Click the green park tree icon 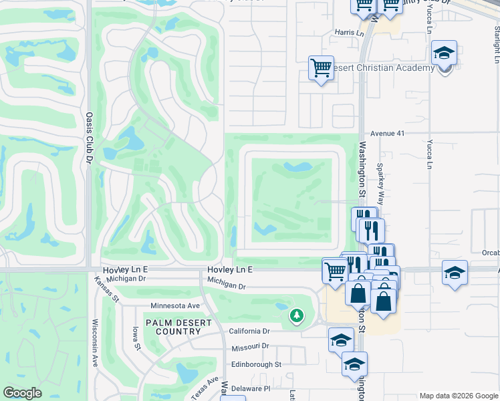click(x=295, y=315)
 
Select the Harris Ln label click(x=349, y=32)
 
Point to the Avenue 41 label click(x=388, y=133)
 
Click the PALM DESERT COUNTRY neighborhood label click(x=174, y=327)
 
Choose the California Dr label click(x=249, y=331)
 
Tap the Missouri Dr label click(x=249, y=347)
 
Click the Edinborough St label click(x=256, y=364)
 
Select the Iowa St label click(x=136, y=338)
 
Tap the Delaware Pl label click(x=252, y=388)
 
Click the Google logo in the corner click(x=22, y=393)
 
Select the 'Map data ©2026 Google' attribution click(x=458, y=396)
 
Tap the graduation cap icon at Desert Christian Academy click(x=445, y=53)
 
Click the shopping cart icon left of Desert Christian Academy click(x=321, y=68)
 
